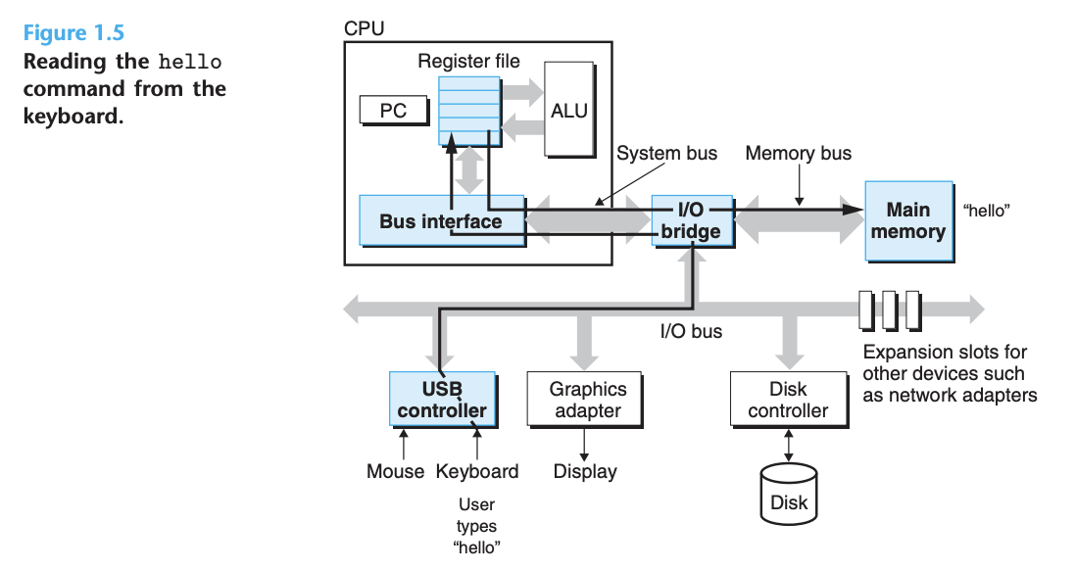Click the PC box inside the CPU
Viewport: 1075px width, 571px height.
coord(393,110)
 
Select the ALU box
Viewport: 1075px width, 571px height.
coord(568,110)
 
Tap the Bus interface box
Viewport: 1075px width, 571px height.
coord(440,220)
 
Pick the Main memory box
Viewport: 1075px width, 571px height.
coord(908,220)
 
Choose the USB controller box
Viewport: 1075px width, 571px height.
coord(442,400)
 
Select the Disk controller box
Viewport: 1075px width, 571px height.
coord(788,400)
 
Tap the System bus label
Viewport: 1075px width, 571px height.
coord(666,153)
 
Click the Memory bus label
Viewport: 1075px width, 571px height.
coord(798,153)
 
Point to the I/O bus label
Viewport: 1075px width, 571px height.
coord(691,331)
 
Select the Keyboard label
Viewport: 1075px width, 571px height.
coord(477,471)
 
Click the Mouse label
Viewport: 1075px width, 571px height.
coord(395,471)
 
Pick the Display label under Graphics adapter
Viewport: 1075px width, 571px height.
coord(585,471)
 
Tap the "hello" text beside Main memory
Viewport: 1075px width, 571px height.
coord(987,211)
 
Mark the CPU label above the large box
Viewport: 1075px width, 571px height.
coord(364,28)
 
